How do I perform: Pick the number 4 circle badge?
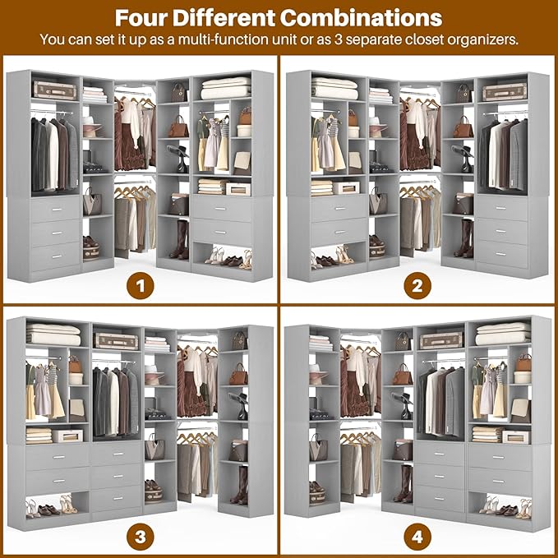click(x=417, y=537)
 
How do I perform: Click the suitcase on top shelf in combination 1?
click(x=54, y=89)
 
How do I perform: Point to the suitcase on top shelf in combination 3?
click(x=116, y=340)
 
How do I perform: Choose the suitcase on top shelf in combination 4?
click(x=440, y=340)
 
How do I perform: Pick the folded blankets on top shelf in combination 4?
click(x=501, y=334)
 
